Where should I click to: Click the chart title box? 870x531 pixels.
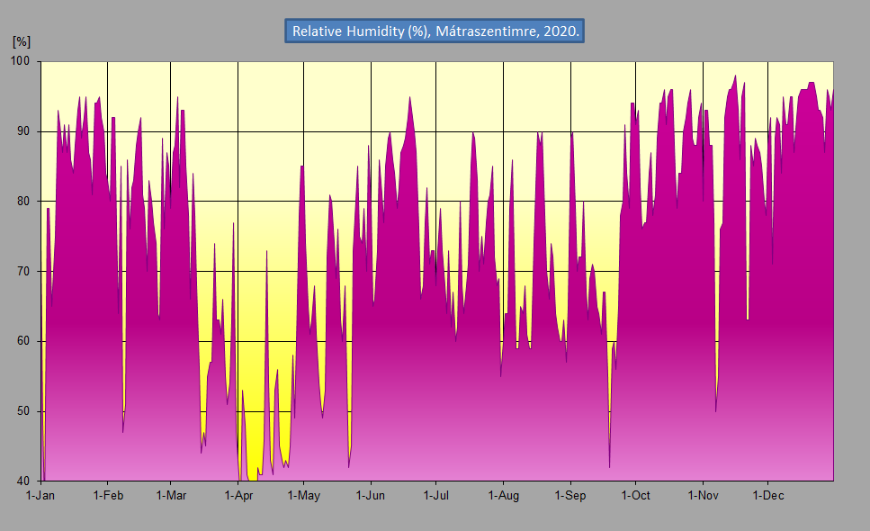coord(435,31)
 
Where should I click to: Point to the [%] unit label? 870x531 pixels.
coord(22,40)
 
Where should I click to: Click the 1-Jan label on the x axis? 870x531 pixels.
coord(41,495)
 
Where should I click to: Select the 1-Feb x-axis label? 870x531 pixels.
coord(107,495)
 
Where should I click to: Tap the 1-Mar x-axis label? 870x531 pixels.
coord(170,495)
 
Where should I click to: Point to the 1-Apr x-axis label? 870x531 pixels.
coord(238,495)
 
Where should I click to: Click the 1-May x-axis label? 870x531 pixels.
coord(303,495)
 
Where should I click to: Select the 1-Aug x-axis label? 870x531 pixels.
coord(503,495)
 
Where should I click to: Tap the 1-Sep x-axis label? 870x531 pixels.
coord(570,495)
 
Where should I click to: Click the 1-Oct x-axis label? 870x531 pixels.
coord(635,495)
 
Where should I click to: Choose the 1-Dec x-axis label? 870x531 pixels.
coord(767,495)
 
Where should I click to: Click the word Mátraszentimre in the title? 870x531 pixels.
coord(485,31)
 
